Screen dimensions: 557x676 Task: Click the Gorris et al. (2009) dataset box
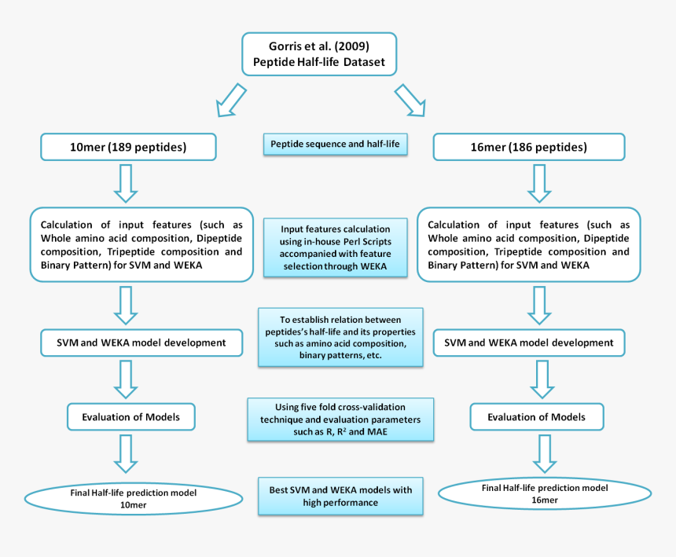pos(319,53)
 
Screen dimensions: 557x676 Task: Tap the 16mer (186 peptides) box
pos(529,147)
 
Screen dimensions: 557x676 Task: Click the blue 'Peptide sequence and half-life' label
pos(334,145)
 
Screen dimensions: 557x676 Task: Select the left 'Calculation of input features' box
pos(141,244)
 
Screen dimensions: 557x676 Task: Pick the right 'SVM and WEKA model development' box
pos(529,343)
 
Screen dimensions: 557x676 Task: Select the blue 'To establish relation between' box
pos(340,337)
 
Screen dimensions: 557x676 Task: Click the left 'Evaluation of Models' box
pos(130,416)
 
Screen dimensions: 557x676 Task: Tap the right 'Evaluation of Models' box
pos(537,417)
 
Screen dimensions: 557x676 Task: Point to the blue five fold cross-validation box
pos(340,420)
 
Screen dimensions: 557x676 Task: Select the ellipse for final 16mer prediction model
pos(544,493)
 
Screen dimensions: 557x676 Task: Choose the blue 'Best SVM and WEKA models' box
pos(340,496)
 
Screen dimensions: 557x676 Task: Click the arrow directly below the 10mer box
pos(126,183)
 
